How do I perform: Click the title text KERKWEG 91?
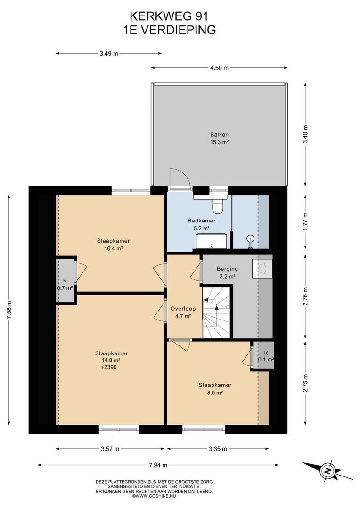point(169,16)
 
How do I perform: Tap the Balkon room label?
point(220,134)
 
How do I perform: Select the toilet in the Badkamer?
point(217,206)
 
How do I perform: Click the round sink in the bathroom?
point(250,238)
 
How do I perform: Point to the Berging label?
point(227,269)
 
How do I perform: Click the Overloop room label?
point(183,309)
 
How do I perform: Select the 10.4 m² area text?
point(113,249)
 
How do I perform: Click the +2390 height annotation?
point(109,368)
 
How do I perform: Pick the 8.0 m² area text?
point(215,393)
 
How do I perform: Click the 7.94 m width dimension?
point(158,465)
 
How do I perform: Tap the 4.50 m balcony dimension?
point(220,68)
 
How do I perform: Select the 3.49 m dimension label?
point(109,54)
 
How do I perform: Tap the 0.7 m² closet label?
point(65,287)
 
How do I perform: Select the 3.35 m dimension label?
point(218,449)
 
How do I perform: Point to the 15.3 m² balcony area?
point(220,142)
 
